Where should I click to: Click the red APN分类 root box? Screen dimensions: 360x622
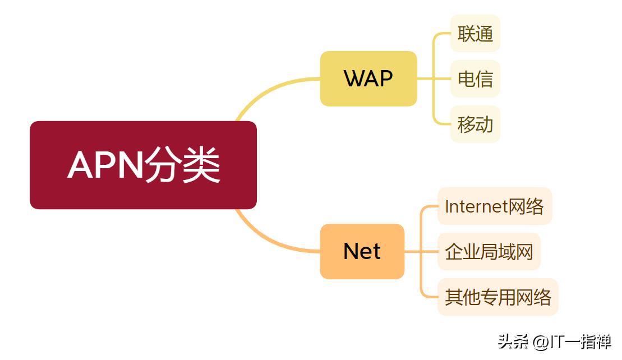pos(143,165)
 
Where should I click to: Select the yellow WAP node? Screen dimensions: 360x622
pos(368,79)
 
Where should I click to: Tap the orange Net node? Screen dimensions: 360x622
pos(362,251)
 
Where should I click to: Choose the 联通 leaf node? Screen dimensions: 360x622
pos(475,34)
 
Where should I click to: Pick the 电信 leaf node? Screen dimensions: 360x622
pos(475,79)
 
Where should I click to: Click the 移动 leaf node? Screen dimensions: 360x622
pos(475,124)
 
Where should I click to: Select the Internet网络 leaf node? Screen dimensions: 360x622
pos(494,206)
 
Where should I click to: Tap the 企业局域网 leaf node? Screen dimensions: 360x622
pos(489,252)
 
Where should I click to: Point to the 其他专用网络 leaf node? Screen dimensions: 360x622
pos(497,297)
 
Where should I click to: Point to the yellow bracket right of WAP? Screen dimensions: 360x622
pos(435,79)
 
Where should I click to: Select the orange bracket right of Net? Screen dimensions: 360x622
pos(422,252)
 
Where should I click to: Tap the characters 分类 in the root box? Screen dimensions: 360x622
pos(183,165)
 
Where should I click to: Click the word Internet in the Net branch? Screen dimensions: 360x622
pos(476,206)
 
